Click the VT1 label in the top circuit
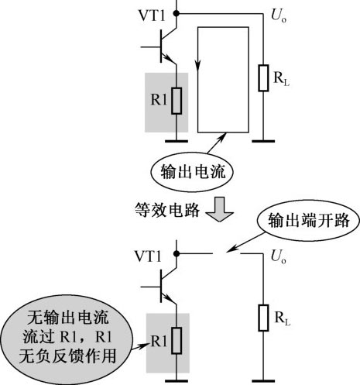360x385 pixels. coord(152,16)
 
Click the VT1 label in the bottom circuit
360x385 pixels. coord(148,256)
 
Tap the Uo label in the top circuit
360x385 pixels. coord(279,15)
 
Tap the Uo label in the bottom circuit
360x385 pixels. coord(279,256)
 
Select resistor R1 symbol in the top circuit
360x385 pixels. coord(177,101)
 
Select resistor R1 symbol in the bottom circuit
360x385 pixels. coord(177,341)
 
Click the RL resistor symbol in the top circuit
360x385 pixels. coord(263,78)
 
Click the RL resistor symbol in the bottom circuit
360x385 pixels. coord(263,318)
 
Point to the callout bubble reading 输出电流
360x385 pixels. coord(192,172)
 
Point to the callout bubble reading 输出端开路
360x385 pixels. coord(308,221)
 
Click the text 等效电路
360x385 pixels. coord(167,210)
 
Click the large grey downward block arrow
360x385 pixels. coord(220,209)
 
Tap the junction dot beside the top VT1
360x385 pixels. coord(177,13)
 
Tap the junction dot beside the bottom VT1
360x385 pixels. coord(177,254)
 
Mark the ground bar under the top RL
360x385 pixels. coord(263,141)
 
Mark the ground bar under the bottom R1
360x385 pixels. coord(177,380)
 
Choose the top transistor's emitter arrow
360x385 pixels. coord(169,59)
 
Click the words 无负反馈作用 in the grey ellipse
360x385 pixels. coord(67,356)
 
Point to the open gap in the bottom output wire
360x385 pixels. coord(226,254)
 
